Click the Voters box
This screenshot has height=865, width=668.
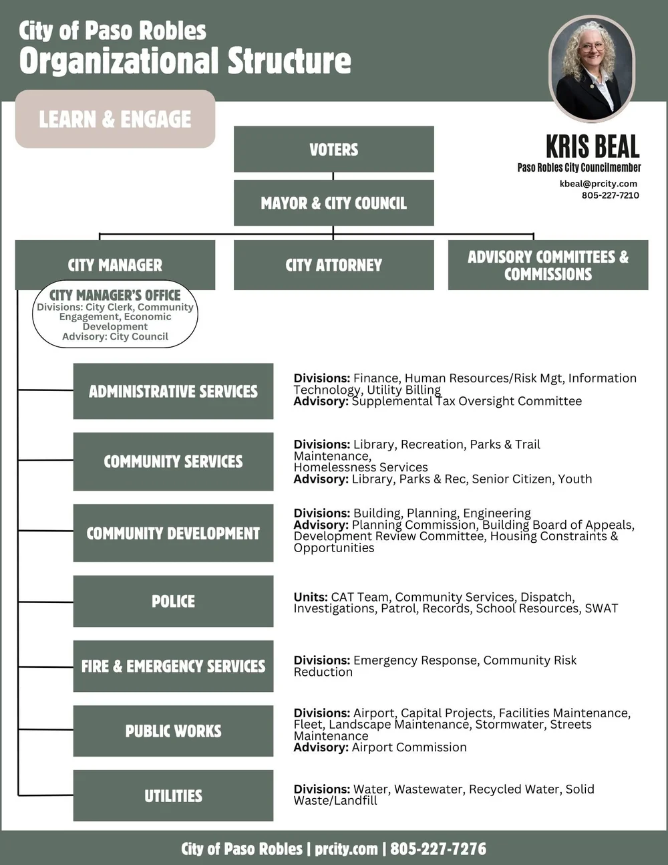pyautogui.click(x=333, y=149)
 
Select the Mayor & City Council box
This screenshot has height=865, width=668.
pyautogui.click(x=333, y=203)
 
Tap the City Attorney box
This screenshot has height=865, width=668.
pyautogui.click(x=333, y=265)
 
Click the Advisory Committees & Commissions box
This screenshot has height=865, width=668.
pyautogui.click(x=548, y=265)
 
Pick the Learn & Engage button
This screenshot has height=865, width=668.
pyautogui.click(x=115, y=119)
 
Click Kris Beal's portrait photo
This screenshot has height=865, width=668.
pyautogui.click(x=591, y=68)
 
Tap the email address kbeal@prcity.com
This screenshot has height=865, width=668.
pyautogui.click(x=598, y=183)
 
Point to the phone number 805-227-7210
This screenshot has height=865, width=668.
pyautogui.click(x=610, y=195)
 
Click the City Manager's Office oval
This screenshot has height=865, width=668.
pyautogui.click(x=115, y=315)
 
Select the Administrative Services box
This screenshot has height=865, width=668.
pyautogui.click(x=173, y=391)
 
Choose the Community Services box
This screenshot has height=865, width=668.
pyautogui.click(x=173, y=461)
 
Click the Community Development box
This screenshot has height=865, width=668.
pyautogui.click(x=173, y=533)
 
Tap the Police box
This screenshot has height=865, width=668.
pyautogui.click(x=173, y=601)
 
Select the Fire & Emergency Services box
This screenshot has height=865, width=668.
pyautogui.click(x=173, y=666)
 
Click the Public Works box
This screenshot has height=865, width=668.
pyautogui.click(x=173, y=731)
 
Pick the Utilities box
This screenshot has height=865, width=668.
pyautogui.click(x=173, y=795)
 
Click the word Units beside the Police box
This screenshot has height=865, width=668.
pyautogui.click(x=310, y=597)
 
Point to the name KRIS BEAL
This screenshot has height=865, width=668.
pyautogui.click(x=592, y=146)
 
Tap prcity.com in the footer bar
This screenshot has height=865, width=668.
pyautogui.click(x=346, y=849)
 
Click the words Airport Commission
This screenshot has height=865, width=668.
pyautogui.click(x=409, y=747)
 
